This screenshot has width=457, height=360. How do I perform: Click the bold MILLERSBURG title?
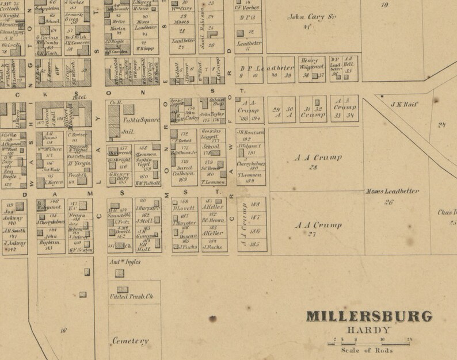click(369, 317)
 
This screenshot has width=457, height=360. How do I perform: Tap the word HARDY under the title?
click(368, 331)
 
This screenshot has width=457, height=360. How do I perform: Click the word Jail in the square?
click(128, 131)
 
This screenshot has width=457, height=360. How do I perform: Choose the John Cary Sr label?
click(309, 17)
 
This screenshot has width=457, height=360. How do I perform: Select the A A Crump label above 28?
click(318, 157)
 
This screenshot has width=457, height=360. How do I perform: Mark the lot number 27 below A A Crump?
click(313, 235)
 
